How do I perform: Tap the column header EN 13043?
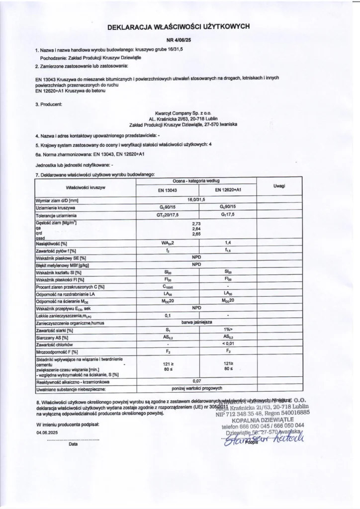tap(168, 190)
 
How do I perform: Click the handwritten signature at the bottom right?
tap(264, 437)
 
